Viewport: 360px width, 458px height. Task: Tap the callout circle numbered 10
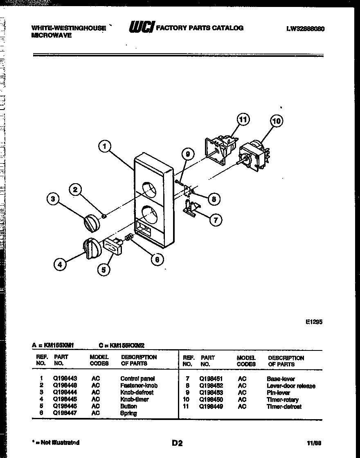[x=277, y=121]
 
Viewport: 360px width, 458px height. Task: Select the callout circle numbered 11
[x=243, y=120]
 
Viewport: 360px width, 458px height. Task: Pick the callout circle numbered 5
[x=103, y=269]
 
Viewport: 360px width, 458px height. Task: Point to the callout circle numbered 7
[x=216, y=220]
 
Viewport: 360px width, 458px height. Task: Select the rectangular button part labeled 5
[x=114, y=246]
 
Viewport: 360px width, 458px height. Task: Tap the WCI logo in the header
[x=142, y=27]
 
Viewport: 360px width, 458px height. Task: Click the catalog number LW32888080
[x=306, y=29]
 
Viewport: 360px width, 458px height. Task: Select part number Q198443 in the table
[x=65, y=379]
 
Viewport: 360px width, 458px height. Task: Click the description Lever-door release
[x=291, y=386]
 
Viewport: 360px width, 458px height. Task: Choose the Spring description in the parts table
[x=128, y=413]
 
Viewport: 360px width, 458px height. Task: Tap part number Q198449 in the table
[x=211, y=406]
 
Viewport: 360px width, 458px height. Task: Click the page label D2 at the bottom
[x=177, y=443]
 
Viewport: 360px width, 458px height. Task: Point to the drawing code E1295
[x=314, y=322]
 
